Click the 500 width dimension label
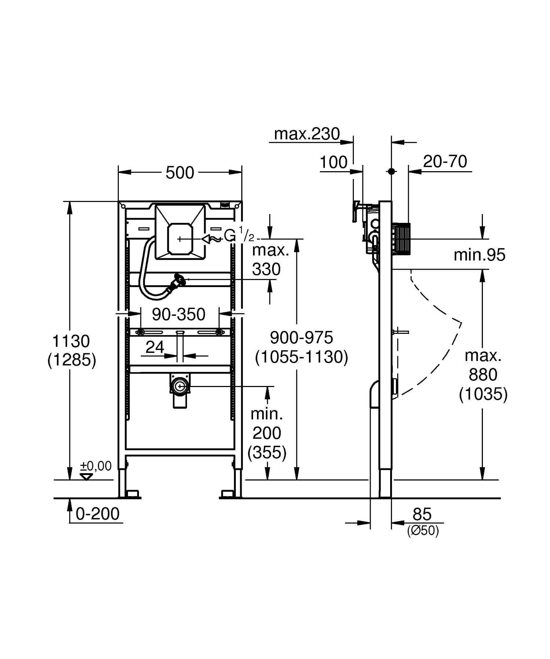coord(180,173)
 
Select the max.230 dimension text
coord(307,134)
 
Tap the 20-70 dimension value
coord(445,161)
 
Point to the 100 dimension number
coord(334,162)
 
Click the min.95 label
coord(479,255)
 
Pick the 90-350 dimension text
coord(179,314)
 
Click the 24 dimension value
coord(155,347)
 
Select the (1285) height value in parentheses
coord(72,360)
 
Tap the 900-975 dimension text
coord(301,338)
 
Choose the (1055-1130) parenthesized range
coord(301,357)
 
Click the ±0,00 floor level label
coord(96,466)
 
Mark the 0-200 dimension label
coord(98,514)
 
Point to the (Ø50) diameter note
coord(423,531)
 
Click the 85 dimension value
coord(422,514)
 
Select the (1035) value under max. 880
coord(483,394)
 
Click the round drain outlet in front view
coord(180,386)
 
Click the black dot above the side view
coord(392,171)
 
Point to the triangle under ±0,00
coord(87,476)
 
